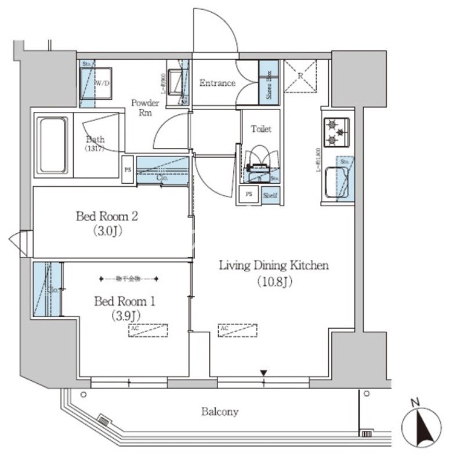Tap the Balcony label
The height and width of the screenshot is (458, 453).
220,412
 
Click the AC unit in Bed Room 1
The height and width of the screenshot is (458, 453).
148,330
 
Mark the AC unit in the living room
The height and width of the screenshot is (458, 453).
238,330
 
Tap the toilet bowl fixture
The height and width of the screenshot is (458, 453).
258,162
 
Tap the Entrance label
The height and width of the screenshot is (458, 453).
218,83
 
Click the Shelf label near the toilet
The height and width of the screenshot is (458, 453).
270,195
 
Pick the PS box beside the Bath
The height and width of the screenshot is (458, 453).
128,170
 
